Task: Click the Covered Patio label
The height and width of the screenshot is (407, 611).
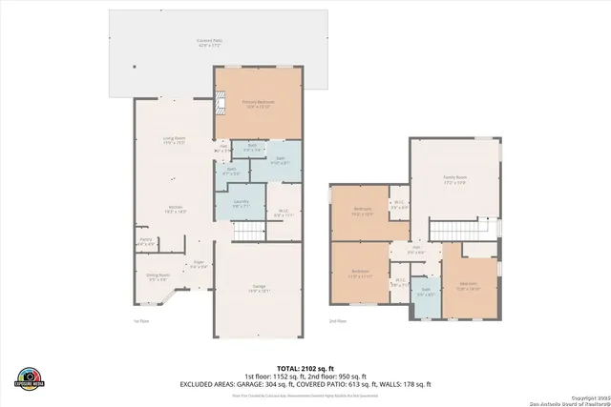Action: (210, 42)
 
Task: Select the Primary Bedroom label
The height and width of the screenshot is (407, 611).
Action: (258, 103)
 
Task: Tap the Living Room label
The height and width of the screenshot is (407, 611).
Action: (174, 141)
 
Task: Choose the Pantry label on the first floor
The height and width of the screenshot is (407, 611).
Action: (145, 243)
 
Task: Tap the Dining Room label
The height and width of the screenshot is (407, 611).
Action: (158, 277)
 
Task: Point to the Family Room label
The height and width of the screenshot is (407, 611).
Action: (455, 179)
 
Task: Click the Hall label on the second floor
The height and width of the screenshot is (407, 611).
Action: (415, 250)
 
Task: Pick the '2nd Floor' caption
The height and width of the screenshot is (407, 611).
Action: (339, 322)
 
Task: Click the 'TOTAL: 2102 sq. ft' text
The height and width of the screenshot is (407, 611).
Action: (305, 367)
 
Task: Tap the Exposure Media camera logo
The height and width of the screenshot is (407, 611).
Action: (29, 377)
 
